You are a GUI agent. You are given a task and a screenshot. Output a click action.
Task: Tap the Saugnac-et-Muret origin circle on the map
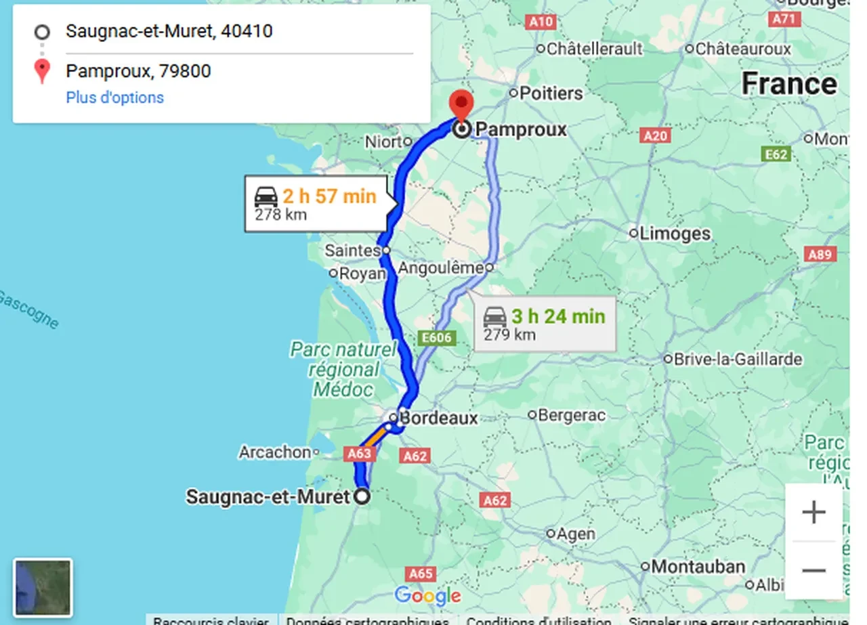[363, 496]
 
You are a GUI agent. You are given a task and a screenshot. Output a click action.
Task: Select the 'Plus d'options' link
[114, 98]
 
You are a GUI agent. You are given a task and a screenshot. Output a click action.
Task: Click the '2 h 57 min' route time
[329, 196]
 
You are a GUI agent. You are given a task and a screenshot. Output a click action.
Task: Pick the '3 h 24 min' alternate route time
[557, 316]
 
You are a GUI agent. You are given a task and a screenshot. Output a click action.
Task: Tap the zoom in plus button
[813, 512]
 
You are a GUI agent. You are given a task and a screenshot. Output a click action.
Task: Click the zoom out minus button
[813, 570]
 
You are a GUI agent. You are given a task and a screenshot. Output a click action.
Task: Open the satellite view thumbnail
[43, 587]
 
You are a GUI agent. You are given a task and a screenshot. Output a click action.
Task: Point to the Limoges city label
[675, 234]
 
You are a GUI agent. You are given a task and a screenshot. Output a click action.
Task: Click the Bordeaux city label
[438, 418]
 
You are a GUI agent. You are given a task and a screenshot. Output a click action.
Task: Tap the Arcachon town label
[274, 452]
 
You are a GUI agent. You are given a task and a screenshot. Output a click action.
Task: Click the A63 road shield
[360, 454]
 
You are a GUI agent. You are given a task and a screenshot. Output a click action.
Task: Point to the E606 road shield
[436, 337]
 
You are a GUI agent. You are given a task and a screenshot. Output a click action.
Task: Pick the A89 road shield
[820, 255]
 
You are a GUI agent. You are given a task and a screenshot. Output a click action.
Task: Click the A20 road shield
[656, 136]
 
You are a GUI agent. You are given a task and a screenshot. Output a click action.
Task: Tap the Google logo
[427, 596]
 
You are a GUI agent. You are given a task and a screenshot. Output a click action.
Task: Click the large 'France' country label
[789, 84]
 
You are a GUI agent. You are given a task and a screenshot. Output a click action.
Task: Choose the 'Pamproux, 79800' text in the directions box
[138, 71]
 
